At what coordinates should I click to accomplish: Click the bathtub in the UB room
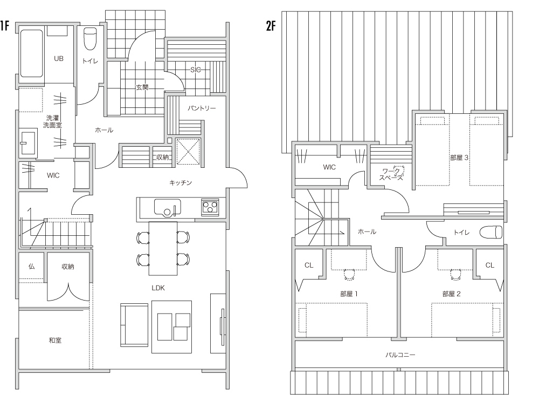[x=31, y=53]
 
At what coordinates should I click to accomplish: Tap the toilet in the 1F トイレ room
[x=91, y=39]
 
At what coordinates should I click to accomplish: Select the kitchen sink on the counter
[x=168, y=207]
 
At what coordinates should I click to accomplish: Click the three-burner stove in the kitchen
[x=210, y=207]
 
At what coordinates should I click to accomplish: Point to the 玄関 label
[x=142, y=87]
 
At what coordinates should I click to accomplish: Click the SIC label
[x=195, y=70]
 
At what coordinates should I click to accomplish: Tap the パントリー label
[x=202, y=108]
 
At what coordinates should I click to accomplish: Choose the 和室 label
[x=55, y=340]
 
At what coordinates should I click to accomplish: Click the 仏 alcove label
[x=31, y=267]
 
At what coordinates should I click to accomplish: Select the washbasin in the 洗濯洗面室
[x=28, y=142]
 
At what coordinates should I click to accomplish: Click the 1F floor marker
[x=4, y=26]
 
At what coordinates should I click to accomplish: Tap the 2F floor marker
[x=271, y=26]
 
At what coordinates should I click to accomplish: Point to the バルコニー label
[x=400, y=355]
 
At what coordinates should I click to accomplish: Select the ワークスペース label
[x=391, y=174]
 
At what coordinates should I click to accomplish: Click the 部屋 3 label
[x=459, y=158]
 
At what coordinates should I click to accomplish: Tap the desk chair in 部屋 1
[x=349, y=274]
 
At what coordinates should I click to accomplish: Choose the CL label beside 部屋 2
[x=490, y=265]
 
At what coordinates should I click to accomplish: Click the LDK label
[x=158, y=288]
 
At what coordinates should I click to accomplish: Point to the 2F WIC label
[x=329, y=167]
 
